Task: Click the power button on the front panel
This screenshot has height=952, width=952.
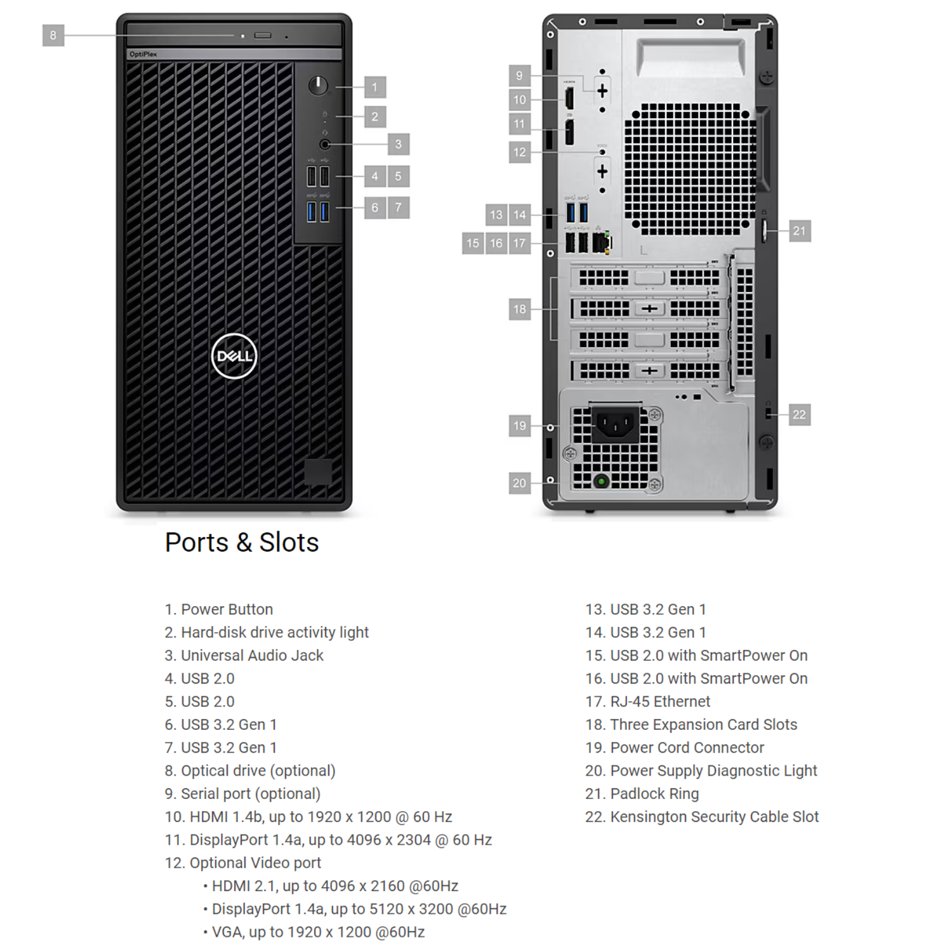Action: click(x=318, y=85)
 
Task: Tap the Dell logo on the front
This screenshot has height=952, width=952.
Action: click(x=234, y=356)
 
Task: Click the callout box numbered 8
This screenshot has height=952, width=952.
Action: click(x=53, y=36)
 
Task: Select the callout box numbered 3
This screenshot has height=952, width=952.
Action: click(x=398, y=144)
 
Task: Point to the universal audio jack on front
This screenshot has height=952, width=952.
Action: click(x=325, y=144)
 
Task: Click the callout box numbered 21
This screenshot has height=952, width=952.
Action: click(x=799, y=231)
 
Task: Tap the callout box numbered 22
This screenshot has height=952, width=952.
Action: click(x=799, y=415)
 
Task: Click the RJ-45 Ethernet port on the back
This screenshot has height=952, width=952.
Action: click(x=601, y=242)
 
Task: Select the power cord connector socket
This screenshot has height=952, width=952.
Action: click(x=615, y=424)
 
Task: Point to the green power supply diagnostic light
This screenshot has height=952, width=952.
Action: click(x=601, y=481)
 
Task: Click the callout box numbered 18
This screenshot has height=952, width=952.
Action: click(x=520, y=310)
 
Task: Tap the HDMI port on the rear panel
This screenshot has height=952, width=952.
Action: click(x=569, y=99)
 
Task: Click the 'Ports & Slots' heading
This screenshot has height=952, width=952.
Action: click(x=242, y=543)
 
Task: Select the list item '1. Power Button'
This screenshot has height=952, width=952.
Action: click(x=219, y=609)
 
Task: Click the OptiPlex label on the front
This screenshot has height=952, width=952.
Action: click(x=143, y=55)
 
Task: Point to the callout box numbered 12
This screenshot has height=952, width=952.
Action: click(x=520, y=152)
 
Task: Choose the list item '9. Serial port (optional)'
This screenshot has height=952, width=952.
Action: click(x=242, y=793)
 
